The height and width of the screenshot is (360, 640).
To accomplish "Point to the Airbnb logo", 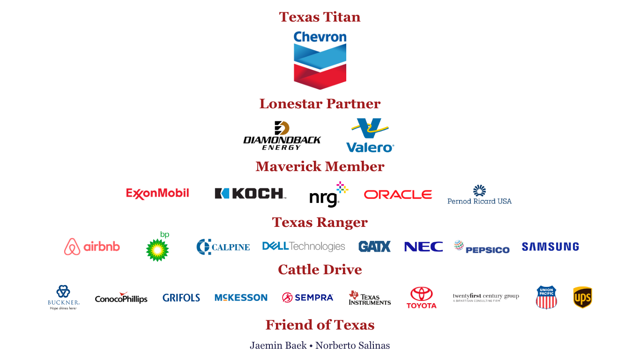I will pos(92,247).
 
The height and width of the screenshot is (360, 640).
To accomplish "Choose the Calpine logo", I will pos(223,247).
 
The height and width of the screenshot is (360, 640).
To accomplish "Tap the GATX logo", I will pos(374,247).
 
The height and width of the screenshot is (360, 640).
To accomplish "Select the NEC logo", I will pos(423,247).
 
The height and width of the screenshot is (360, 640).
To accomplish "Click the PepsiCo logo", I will pos(481,247).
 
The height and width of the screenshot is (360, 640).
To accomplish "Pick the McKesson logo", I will pos(240,297).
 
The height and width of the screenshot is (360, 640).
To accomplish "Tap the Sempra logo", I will pos(307,297).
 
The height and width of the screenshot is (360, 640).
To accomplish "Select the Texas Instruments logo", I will pos(370,298).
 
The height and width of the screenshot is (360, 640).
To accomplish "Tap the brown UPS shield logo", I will pos(582,298).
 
